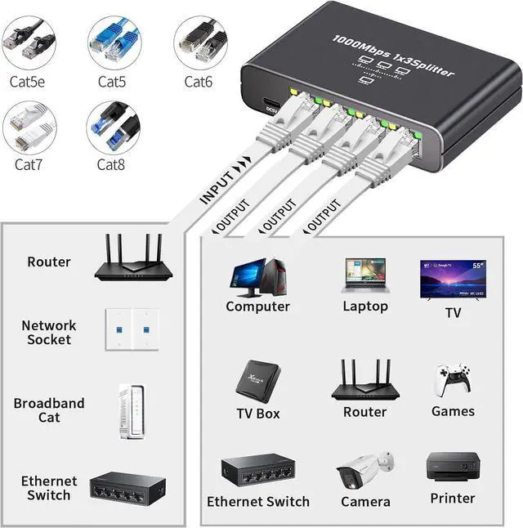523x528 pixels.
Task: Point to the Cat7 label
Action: click(x=30, y=164)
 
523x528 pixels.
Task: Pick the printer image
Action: click(x=451, y=467)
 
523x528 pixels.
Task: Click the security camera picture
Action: click(x=364, y=470)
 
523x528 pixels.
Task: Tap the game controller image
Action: click(x=452, y=380)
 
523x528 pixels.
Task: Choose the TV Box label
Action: click(x=258, y=414)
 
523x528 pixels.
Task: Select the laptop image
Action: click(x=365, y=276)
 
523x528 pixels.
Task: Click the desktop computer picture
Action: click(x=258, y=277)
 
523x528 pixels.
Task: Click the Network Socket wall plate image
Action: click(x=131, y=329)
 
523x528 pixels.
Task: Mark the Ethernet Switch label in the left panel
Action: click(x=49, y=489)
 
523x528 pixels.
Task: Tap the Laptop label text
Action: click(x=365, y=307)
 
